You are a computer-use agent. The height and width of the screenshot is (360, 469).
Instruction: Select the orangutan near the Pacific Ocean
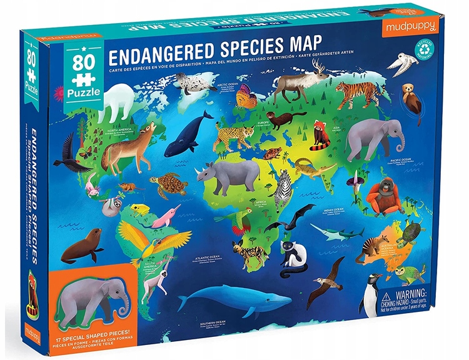coord(383,196)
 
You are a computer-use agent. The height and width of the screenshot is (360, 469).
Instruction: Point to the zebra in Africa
coord(285,187)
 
